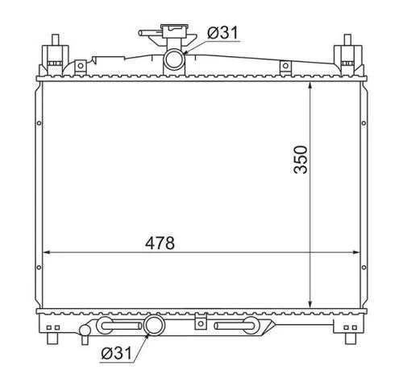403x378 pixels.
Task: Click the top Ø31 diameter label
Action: point(222,32)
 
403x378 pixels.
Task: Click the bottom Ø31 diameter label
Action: point(118,352)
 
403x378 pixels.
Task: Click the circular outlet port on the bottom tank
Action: point(154,327)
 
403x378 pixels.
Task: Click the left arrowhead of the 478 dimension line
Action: point(45,252)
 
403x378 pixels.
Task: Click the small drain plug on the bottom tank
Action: point(86,329)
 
